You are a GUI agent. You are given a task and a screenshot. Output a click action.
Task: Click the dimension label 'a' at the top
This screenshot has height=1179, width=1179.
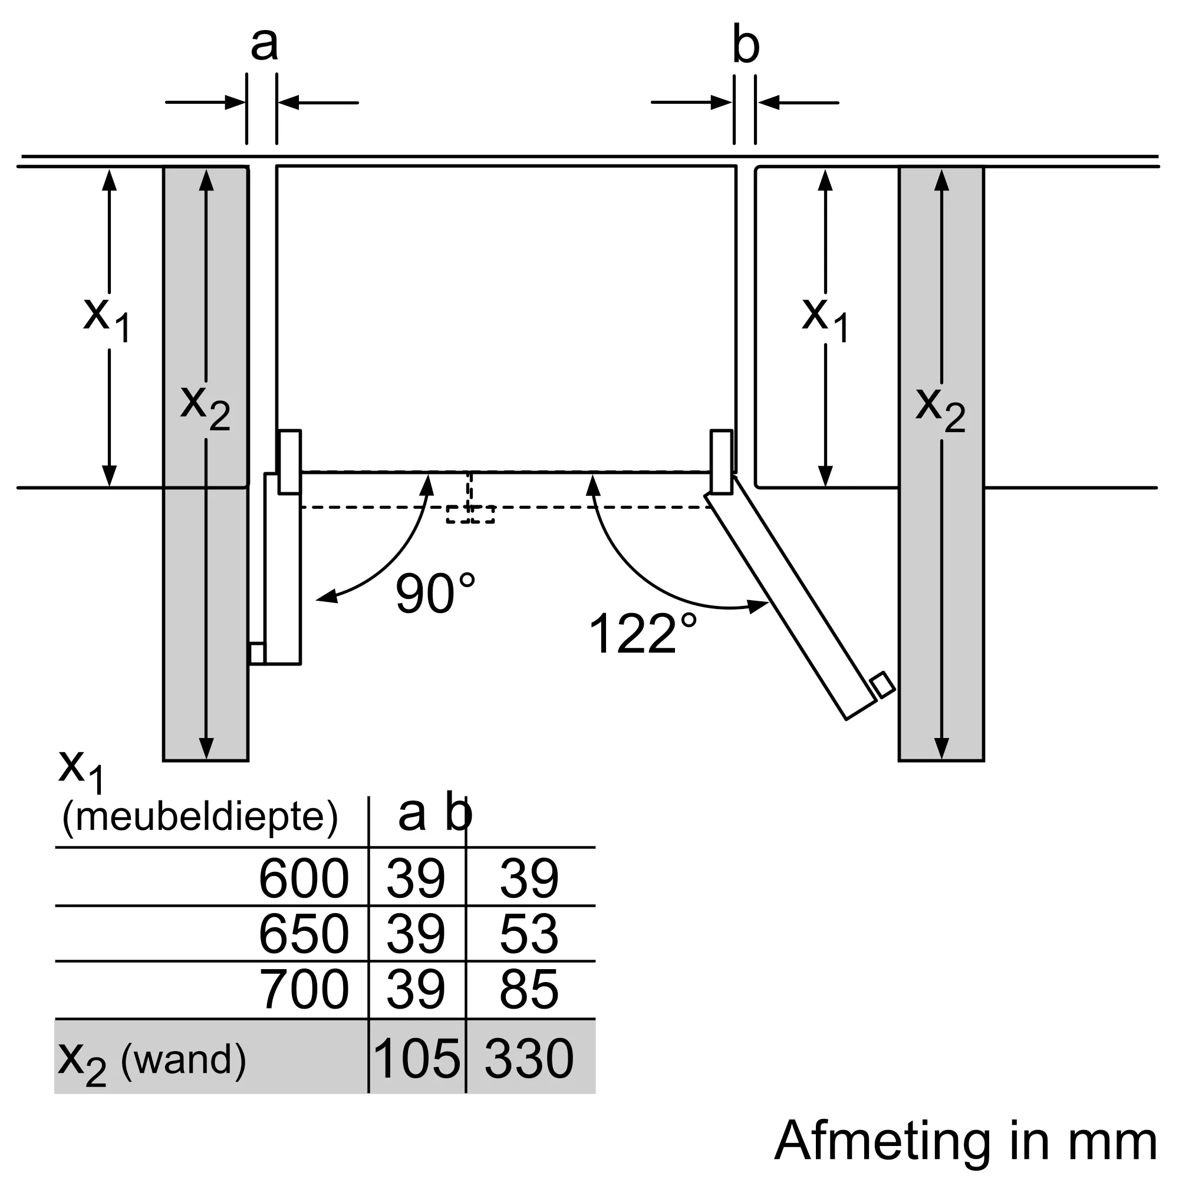pos(264,44)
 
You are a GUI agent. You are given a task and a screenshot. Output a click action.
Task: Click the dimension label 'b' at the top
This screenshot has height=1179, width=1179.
pos(745,45)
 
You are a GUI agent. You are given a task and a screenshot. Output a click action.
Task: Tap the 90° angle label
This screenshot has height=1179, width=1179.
pos(434,593)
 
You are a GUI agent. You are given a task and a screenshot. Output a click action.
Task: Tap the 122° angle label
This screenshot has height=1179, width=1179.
pos(642,634)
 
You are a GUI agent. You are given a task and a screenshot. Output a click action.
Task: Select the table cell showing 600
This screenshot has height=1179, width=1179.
pos(303,879)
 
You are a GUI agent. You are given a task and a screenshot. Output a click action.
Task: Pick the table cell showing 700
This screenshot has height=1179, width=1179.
pos(303,989)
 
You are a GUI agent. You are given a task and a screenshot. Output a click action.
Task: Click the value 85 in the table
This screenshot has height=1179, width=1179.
pos(528,989)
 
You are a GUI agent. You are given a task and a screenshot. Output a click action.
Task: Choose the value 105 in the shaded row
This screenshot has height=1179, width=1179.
pos(416,1059)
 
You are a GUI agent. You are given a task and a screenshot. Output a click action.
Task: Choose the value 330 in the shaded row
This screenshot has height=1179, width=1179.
pos(528,1059)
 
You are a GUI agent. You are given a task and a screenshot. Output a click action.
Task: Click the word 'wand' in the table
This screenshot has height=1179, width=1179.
pos(183,1060)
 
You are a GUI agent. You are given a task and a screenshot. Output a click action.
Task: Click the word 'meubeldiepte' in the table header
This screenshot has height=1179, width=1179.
pos(200,817)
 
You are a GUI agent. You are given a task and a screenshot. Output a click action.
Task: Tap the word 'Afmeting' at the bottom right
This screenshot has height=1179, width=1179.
pos(882,1141)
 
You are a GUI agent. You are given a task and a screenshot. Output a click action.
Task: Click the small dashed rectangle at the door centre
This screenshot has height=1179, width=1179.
pos(470,514)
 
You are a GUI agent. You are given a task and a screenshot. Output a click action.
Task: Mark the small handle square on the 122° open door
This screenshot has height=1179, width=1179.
pos(882,684)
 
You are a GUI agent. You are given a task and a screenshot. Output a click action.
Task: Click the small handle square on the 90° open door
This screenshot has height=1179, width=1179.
pos(257,653)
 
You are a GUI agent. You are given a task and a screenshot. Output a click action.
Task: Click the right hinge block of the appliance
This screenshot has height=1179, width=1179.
pos(722,462)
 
